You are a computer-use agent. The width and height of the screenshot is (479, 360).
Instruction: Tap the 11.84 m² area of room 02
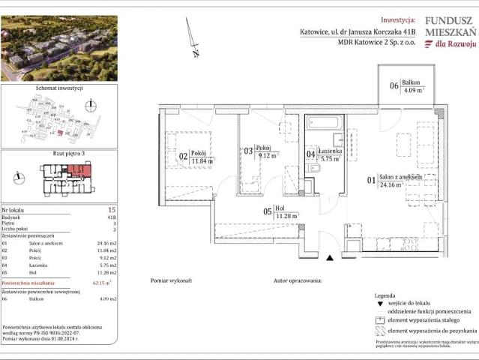pyautogui.click(x=202, y=160)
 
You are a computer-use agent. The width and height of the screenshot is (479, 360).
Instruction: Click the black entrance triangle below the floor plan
pyautogui.click(x=329, y=258)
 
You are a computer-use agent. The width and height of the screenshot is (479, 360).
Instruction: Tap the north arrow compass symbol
pyautogui.click(x=193, y=37)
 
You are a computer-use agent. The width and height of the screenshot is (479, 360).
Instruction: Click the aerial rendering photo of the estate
pyautogui.click(x=48, y=48)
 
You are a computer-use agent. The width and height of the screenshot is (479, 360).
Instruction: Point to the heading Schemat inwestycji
pyautogui.click(x=59, y=88)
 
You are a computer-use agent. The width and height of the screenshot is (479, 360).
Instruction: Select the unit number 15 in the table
pyautogui.click(x=112, y=209)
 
